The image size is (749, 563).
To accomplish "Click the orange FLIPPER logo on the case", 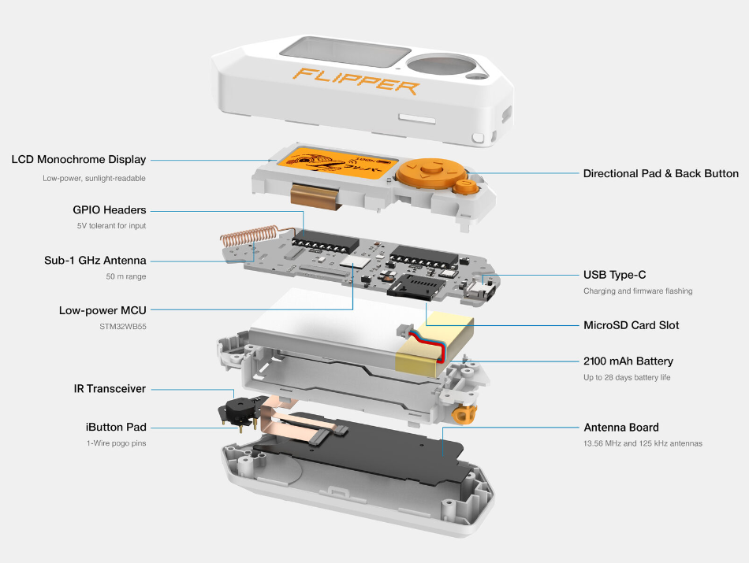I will point(356,80).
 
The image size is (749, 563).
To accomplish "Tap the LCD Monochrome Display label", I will point(79,160).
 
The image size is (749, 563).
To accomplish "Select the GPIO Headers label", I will point(110,210).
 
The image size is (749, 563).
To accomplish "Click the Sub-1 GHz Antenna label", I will point(95,261).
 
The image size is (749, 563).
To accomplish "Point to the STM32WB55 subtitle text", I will point(125,325).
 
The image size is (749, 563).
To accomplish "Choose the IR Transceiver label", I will point(110,389).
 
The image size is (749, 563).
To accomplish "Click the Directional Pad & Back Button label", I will point(661,173).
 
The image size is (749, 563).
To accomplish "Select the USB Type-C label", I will point(615,275).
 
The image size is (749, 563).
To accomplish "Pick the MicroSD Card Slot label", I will point(631,325).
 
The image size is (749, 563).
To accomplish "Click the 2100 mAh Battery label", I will point(628,361).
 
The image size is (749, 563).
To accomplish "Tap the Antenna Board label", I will point(621,428).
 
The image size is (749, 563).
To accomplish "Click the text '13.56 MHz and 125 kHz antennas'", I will point(643,443).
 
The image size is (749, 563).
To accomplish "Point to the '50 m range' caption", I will point(126,276).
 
